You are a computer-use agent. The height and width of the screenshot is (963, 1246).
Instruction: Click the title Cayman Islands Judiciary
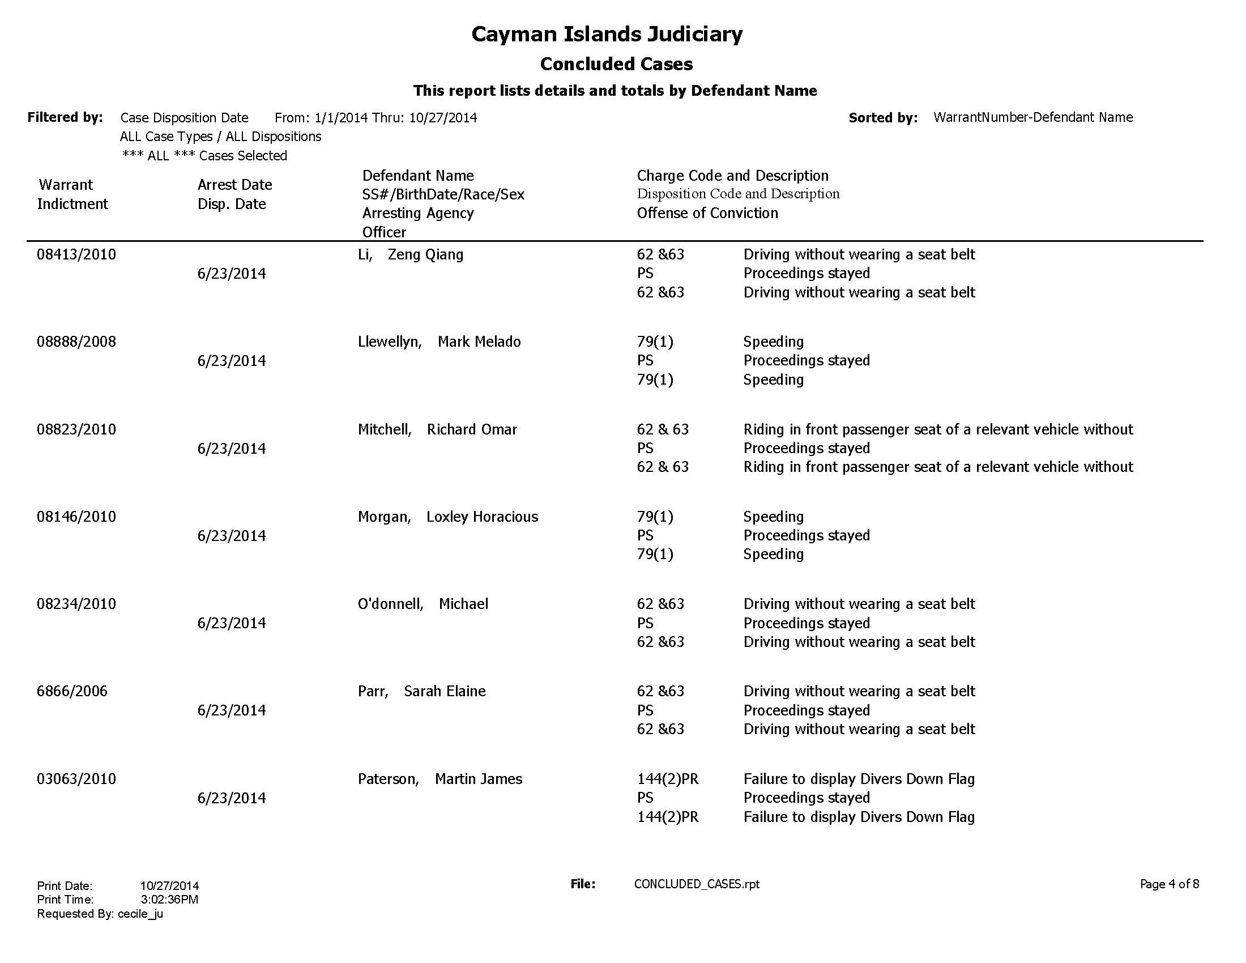pos(607,34)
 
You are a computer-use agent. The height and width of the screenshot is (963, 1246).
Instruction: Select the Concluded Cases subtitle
pos(616,64)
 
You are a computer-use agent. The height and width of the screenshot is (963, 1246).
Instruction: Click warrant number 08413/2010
pos(76,254)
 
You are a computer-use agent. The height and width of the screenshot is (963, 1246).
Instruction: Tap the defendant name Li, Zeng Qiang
pos(410,254)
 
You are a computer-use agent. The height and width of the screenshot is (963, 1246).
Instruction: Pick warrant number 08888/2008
pos(76,342)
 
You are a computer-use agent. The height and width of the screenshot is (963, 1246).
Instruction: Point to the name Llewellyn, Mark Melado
pos(439,342)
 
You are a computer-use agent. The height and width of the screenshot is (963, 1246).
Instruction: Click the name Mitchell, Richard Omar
pos(437,429)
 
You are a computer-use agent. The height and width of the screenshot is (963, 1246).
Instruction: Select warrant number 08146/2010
pos(76,517)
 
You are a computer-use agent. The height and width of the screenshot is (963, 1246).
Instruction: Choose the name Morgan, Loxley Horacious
pos(448,517)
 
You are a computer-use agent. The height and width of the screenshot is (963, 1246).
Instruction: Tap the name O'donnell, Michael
pos(423,604)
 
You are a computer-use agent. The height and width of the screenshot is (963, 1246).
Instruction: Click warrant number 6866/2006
pos(72,692)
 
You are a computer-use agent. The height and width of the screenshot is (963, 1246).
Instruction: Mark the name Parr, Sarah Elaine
pos(421,692)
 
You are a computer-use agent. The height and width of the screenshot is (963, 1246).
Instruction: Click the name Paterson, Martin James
pos(440,779)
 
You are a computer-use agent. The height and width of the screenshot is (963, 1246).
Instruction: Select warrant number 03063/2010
pos(76,779)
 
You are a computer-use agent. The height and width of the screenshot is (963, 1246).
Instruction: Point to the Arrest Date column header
pos(234,185)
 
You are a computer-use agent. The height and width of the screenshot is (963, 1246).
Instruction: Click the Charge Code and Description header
pos(732,176)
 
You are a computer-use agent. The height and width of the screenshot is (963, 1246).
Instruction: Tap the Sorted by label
pos(882,118)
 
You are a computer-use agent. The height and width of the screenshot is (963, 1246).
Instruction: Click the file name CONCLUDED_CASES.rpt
pos(697,884)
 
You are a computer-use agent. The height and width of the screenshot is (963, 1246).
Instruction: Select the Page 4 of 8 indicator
pos(1169,884)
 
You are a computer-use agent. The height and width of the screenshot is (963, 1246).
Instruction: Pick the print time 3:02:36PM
pos(169,900)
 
